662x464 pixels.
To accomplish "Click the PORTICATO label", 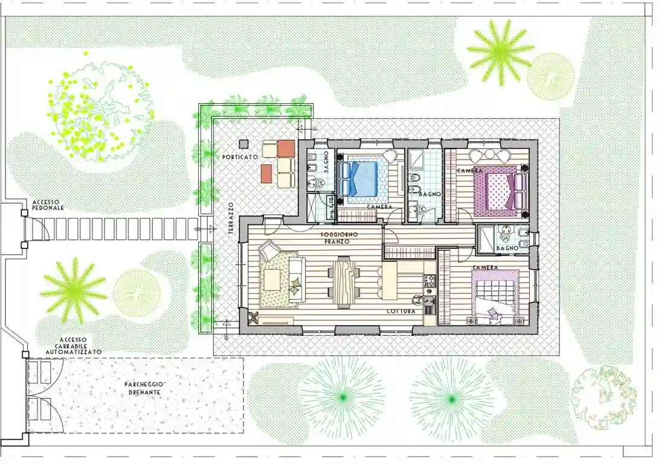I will point(240,157).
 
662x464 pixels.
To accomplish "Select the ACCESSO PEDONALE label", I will point(48,205).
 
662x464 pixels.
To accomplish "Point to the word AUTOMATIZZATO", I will point(72,352).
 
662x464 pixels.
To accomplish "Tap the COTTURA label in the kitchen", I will point(401,312).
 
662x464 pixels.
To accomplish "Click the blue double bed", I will point(362,178).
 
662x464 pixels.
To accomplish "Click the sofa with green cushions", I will point(296,279).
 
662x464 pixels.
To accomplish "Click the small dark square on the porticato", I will point(243,143).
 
